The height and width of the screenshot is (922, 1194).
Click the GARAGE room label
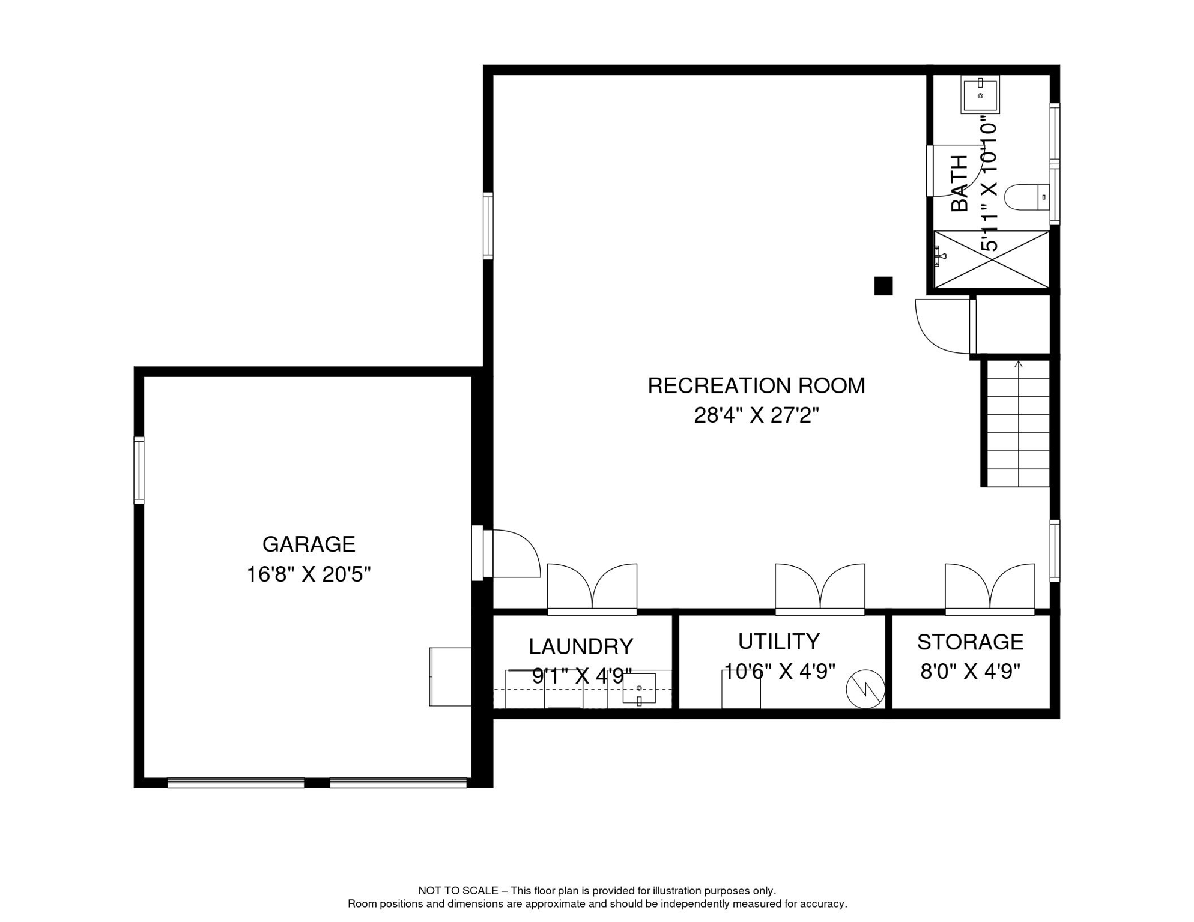tap(309, 544)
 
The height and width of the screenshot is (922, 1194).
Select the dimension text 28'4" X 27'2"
tap(756, 415)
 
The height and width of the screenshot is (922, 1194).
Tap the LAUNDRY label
tap(581, 647)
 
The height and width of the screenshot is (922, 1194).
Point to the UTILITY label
tap(778, 642)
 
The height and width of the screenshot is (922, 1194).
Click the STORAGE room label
tap(970, 642)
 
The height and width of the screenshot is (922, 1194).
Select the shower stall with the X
tap(992, 259)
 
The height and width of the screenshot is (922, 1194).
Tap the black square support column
tap(883, 286)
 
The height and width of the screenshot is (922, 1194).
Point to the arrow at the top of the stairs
tap(1018, 364)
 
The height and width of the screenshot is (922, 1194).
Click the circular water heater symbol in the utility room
tap(865, 689)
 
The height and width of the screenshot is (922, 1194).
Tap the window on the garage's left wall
tap(139, 470)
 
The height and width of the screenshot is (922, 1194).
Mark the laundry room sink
tap(638, 689)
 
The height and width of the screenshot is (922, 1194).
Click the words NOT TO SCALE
tap(458, 891)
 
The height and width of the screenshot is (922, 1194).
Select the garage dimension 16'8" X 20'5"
tap(309, 575)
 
